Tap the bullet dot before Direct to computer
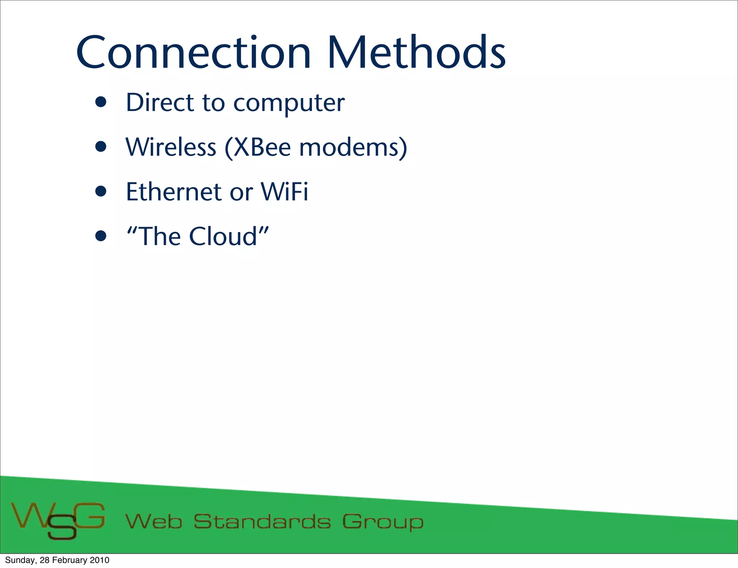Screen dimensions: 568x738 [x=101, y=102]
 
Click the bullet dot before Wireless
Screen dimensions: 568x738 [x=101, y=147]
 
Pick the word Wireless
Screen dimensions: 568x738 [x=171, y=147]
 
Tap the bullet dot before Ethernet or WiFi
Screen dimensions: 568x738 [x=101, y=191]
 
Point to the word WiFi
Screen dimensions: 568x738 [x=284, y=192]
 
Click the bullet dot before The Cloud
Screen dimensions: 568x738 [x=101, y=236]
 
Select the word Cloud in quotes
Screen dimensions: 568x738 [x=223, y=236]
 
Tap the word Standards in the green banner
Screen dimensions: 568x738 [x=262, y=522]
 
